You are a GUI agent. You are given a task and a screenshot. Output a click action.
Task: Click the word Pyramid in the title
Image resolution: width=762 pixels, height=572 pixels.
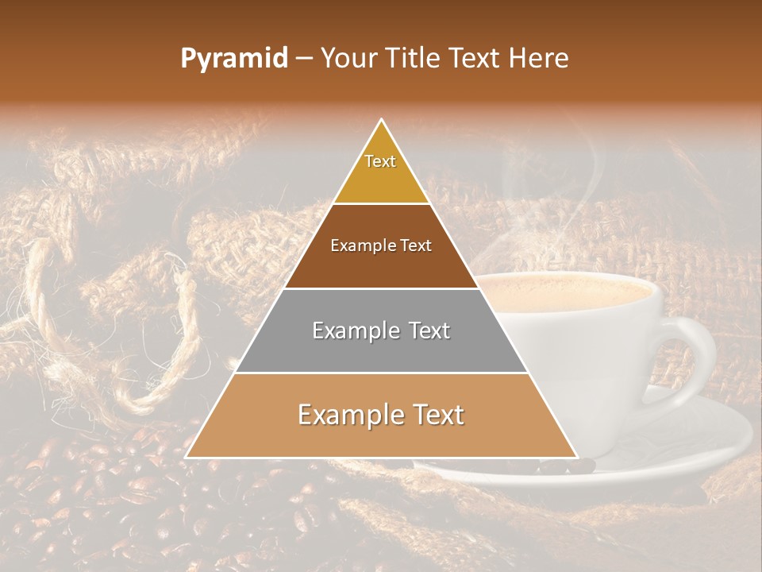(234, 59)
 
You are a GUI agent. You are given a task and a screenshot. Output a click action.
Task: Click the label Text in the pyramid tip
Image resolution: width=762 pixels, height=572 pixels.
(380, 161)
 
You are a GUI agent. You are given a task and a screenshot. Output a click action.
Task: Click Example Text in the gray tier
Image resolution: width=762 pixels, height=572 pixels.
(381, 330)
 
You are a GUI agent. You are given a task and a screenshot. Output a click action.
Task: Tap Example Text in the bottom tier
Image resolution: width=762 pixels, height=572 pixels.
(381, 415)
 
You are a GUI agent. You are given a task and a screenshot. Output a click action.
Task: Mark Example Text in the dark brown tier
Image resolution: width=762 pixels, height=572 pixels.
(381, 245)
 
